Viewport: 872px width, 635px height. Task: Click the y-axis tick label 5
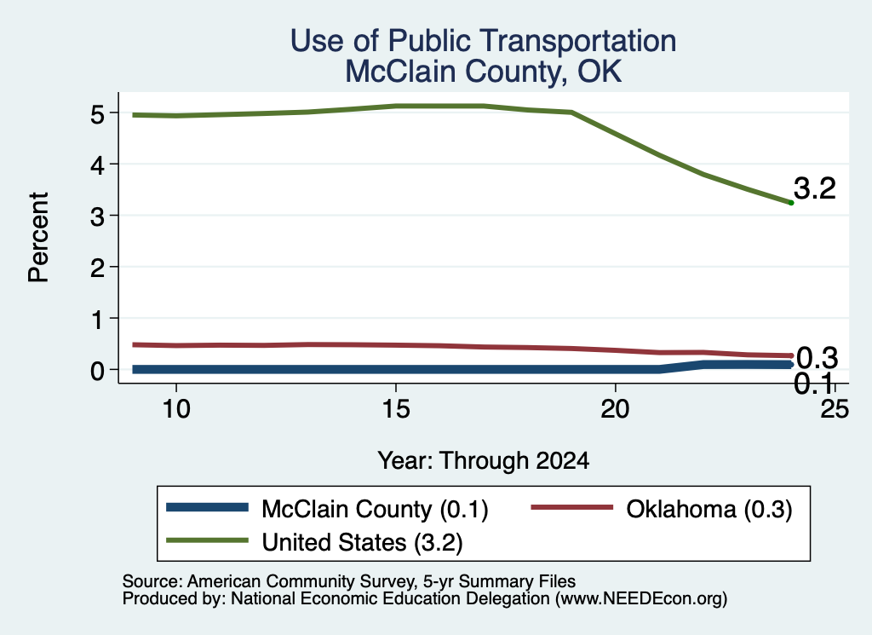[97, 115]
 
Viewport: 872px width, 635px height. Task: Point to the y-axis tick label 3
[97, 216]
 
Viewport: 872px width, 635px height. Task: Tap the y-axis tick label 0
[97, 371]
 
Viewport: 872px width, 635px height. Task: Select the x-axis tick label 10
[176, 410]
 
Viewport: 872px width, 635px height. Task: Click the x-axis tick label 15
[396, 410]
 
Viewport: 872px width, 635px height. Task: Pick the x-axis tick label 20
[615, 410]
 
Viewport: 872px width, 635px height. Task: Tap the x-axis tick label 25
[835, 410]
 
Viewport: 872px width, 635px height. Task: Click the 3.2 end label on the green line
[815, 188]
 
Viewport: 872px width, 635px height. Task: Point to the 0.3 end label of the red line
[817, 358]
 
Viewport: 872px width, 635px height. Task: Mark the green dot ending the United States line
[791, 203]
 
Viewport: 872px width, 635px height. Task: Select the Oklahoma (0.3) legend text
[709, 509]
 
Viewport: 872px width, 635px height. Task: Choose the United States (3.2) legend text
[362, 542]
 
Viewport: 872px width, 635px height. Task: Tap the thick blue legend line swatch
[208, 507]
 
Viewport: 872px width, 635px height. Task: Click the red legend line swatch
[571, 507]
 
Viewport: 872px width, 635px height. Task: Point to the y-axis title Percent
[39, 238]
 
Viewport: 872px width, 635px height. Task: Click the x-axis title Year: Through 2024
[484, 461]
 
